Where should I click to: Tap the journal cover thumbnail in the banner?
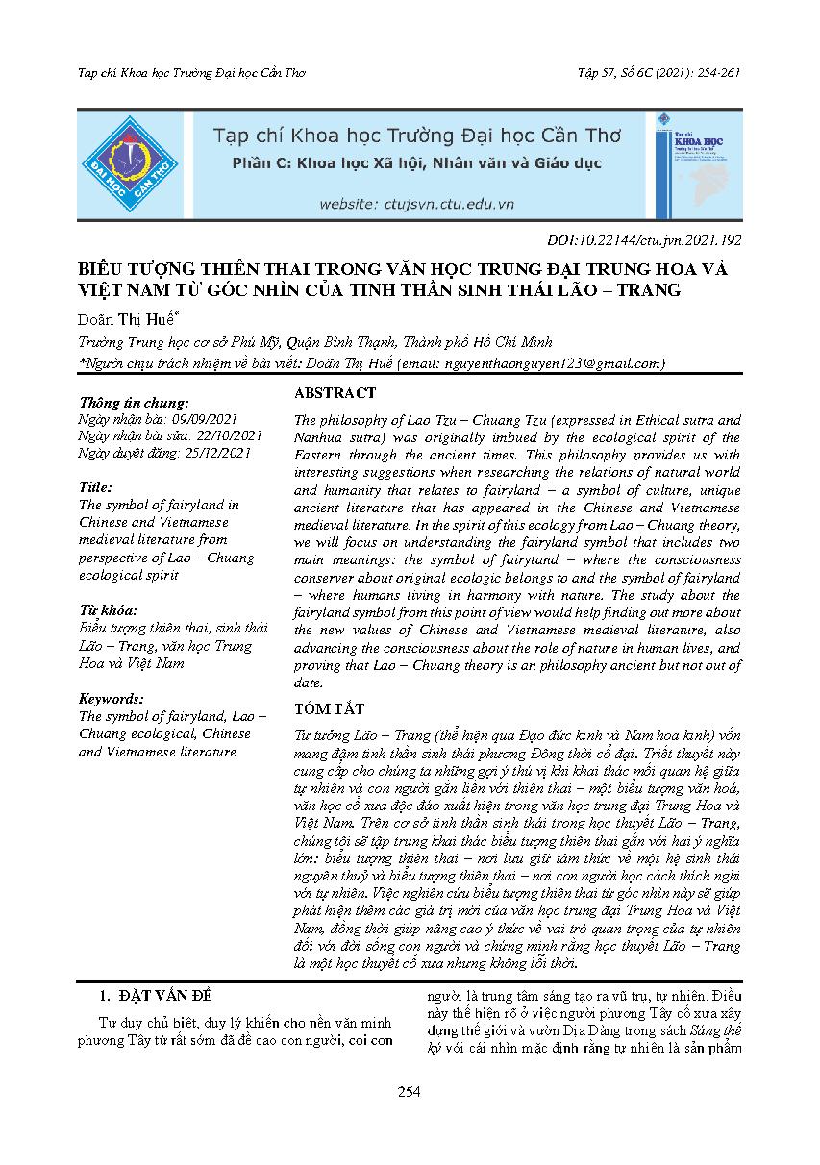[699, 164]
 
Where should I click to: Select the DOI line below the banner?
[635, 241]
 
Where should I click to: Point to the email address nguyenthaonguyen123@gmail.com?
[552, 362]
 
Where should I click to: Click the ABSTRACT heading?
[335, 393]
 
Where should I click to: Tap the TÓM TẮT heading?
[330, 709]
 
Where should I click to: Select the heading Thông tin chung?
[135, 405]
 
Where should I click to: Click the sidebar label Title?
[96, 487]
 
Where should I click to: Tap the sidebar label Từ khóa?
[108, 610]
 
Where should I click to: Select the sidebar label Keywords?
[112, 699]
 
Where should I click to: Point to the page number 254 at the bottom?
[410, 1091]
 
